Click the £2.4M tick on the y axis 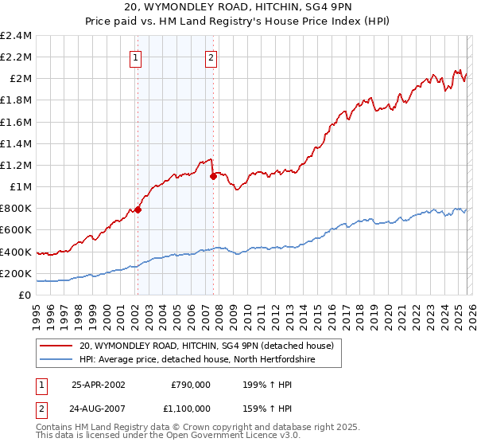[x=16, y=36]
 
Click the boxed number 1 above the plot [x=137, y=57]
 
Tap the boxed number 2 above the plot [x=211, y=57]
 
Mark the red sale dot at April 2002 [x=138, y=210]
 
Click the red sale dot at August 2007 [x=213, y=177]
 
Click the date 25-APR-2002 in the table [x=99, y=385]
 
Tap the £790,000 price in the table [x=190, y=385]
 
